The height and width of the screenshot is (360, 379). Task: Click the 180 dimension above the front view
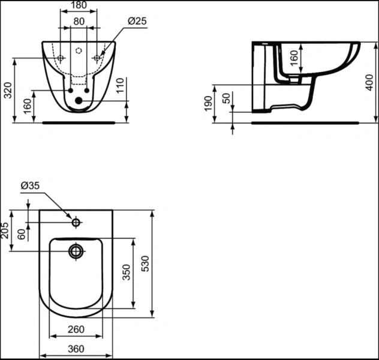click(79, 5)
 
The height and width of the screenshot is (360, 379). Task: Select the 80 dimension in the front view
click(79, 21)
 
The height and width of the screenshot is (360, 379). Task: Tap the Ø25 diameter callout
click(137, 21)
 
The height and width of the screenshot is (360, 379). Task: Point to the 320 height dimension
click(7, 89)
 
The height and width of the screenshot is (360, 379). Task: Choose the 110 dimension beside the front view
click(120, 84)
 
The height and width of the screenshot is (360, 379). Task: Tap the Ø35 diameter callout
click(30, 186)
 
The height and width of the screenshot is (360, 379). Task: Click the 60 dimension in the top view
click(22, 234)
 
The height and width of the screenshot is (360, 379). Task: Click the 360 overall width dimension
click(76, 349)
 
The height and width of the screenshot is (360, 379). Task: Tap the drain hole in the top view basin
click(76, 251)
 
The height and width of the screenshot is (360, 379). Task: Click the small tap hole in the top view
click(76, 223)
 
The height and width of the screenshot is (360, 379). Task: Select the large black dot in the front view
click(78, 101)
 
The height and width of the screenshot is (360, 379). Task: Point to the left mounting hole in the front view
click(61, 58)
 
